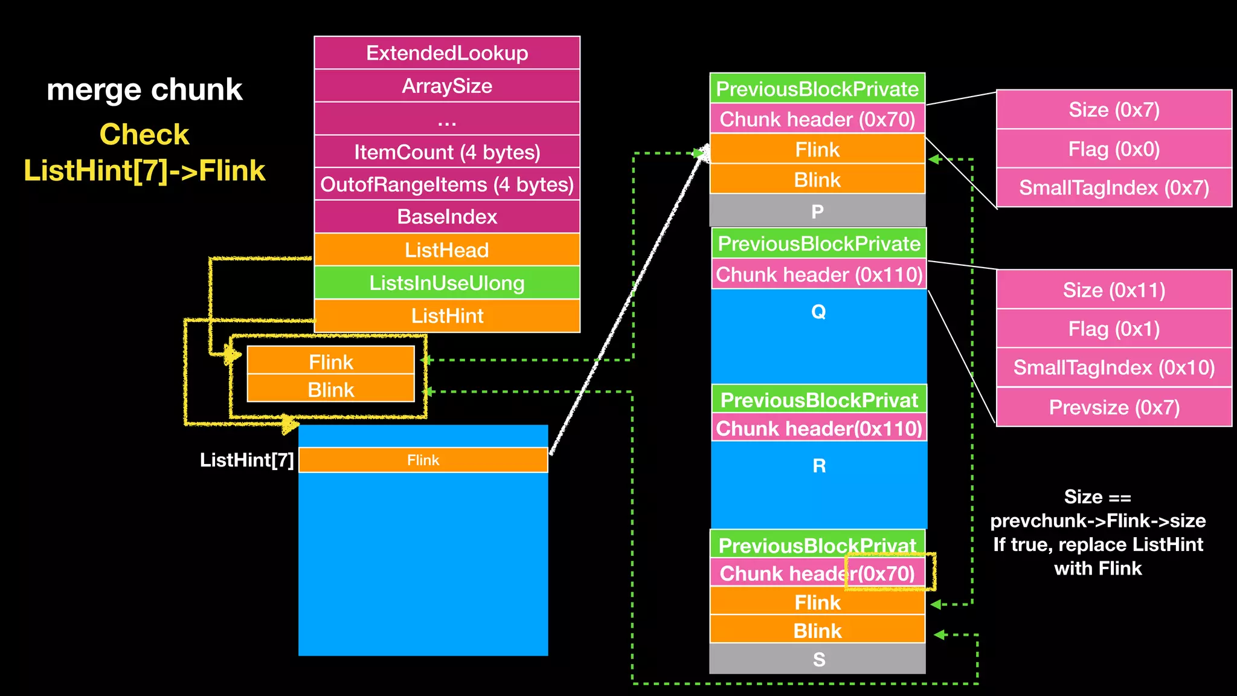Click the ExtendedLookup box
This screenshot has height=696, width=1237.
click(447, 53)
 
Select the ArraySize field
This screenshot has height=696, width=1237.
click(447, 86)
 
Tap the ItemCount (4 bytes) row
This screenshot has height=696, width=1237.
click(447, 152)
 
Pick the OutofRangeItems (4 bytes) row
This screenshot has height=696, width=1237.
click(447, 184)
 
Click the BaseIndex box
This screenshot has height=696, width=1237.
click(447, 217)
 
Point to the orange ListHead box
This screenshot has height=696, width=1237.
click(447, 250)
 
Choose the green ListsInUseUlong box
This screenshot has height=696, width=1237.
click(447, 283)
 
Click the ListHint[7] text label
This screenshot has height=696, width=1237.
click(246, 460)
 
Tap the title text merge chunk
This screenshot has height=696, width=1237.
click(144, 89)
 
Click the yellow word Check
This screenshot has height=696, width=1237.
click(144, 134)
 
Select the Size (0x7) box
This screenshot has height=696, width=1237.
click(1114, 110)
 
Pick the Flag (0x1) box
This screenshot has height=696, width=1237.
click(1114, 329)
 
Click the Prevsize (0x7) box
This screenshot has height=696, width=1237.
click(1114, 407)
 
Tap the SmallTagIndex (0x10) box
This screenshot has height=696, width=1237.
click(1114, 367)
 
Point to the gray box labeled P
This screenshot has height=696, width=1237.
click(817, 211)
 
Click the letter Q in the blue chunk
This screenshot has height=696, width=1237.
click(818, 312)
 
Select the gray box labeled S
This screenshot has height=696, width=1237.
click(818, 659)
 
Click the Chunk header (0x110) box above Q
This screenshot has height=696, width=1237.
click(819, 275)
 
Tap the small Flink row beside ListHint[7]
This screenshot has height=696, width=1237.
click(423, 460)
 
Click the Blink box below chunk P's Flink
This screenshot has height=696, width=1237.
click(817, 179)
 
